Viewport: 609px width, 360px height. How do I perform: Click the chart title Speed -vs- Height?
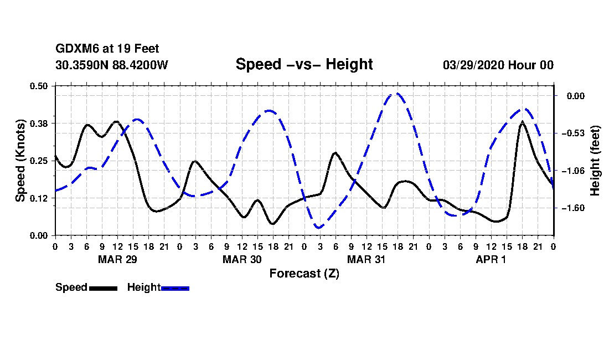point(304,64)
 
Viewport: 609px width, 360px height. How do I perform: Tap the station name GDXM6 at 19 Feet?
point(107,49)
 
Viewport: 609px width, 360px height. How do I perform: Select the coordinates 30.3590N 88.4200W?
point(112,65)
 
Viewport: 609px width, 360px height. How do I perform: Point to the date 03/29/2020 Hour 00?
point(498,65)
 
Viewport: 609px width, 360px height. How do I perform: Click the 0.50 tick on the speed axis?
point(39,86)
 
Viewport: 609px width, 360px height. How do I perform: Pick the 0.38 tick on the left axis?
point(39,123)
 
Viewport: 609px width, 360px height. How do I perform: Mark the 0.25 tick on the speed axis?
point(39,161)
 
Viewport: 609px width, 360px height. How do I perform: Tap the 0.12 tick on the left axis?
point(39,198)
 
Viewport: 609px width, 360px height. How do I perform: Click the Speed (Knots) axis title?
point(20,160)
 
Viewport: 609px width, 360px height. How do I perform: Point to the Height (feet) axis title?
point(596,161)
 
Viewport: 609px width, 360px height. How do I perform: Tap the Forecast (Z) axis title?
point(304,274)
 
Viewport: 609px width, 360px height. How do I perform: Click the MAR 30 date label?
point(242,259)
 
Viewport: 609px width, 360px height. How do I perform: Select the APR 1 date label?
point(491,259)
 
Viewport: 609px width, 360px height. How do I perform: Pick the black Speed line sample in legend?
point(103,288)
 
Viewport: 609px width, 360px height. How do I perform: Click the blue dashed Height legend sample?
point(175,288)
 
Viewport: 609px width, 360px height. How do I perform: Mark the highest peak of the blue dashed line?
point(396,94)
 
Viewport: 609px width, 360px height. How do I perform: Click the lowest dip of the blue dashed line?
point(319,228)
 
